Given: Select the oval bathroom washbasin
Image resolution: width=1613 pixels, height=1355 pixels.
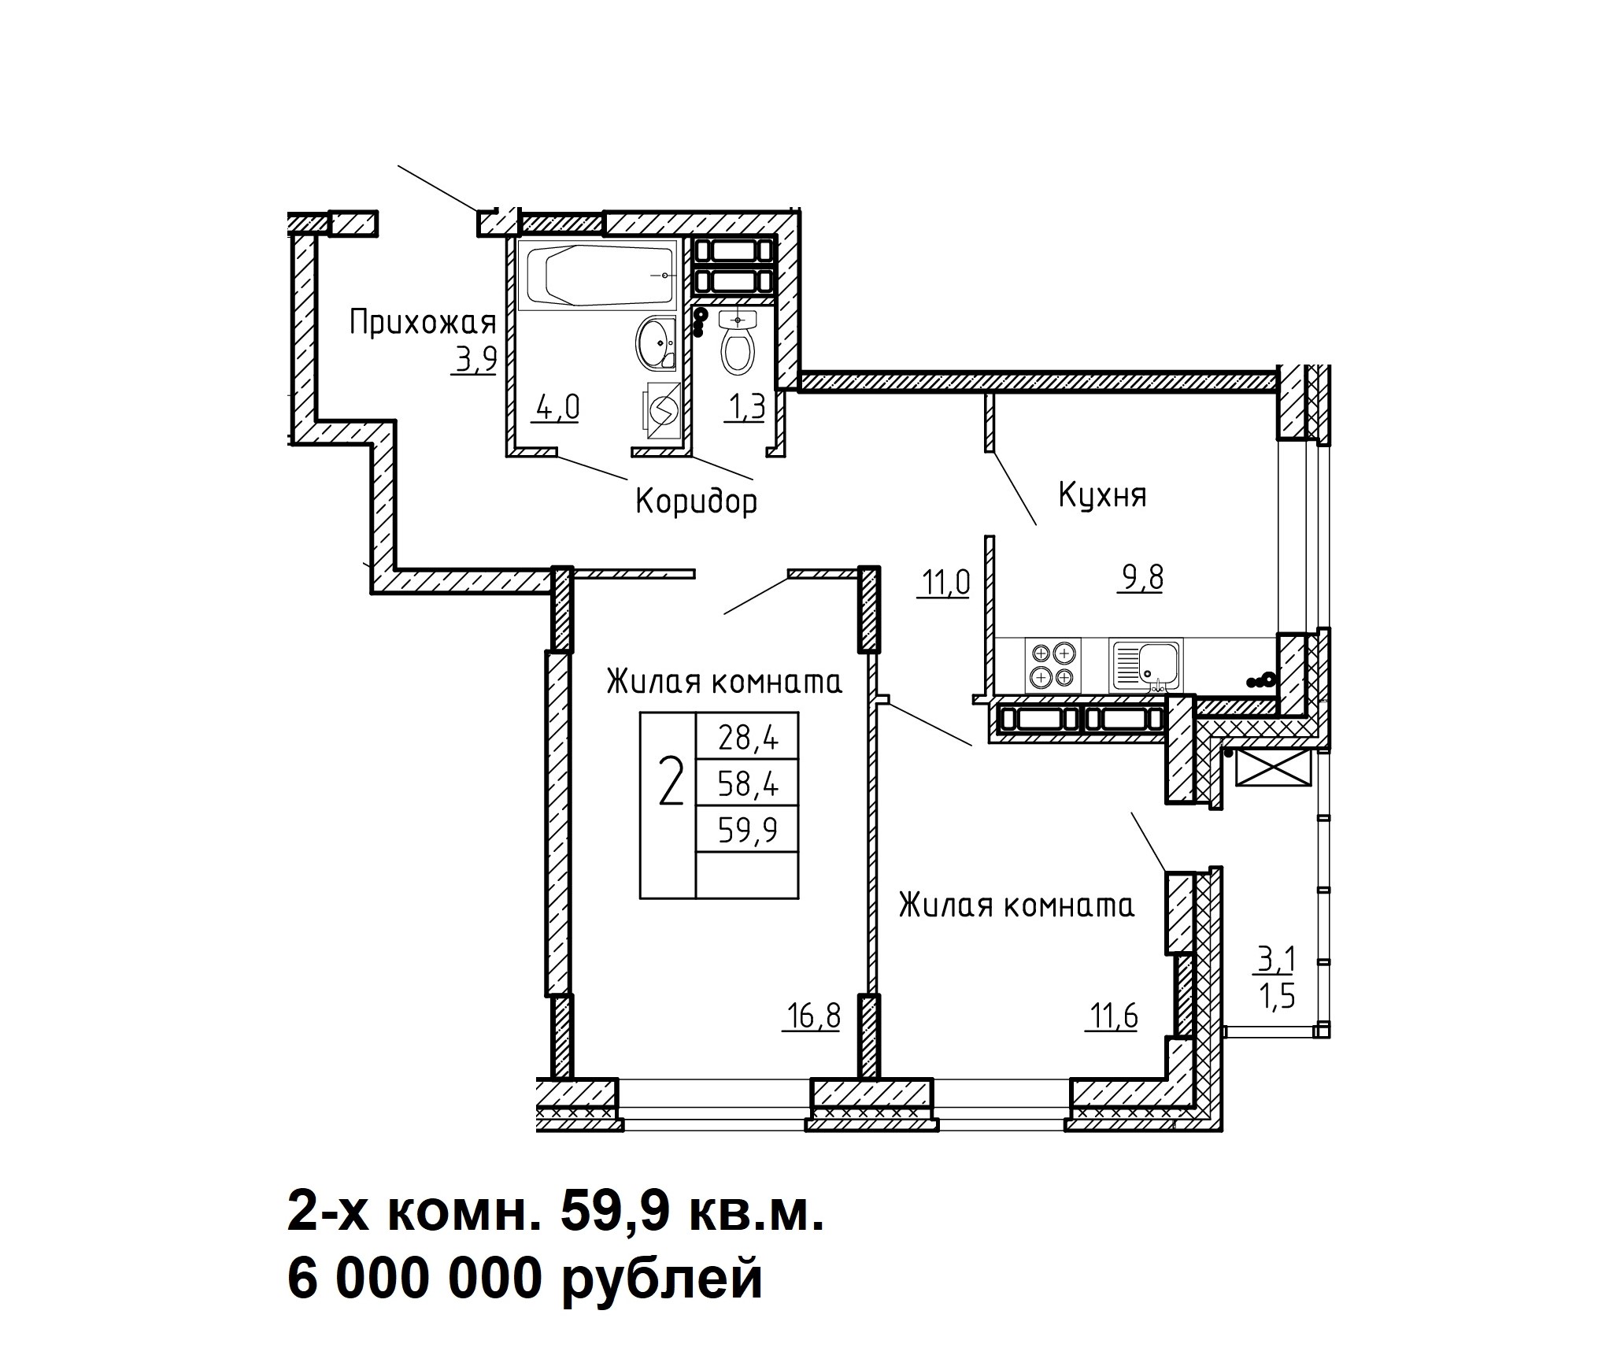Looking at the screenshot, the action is click(x=656, y=342).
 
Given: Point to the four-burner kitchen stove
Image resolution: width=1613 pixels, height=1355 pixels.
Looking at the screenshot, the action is click(x=1053, y=665).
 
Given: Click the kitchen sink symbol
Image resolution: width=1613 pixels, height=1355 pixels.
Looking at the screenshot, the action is click(x=1145, y=665).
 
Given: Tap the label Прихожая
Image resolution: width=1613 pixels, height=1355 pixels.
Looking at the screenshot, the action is click(x=423, y=323).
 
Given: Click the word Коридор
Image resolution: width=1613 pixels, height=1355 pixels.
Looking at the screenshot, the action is click(x=696, y=501).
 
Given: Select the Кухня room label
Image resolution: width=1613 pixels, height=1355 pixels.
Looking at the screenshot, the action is click(x=1102, y=496).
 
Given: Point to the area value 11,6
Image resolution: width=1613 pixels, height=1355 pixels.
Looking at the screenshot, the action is click(x=1113, y=1016).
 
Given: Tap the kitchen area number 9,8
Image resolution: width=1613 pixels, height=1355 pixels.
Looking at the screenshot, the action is click(x=1138, y=579).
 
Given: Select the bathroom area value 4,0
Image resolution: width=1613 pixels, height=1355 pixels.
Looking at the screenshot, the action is click(x=556, y=408).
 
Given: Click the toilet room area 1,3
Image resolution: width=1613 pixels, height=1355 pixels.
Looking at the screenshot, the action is click(x=744, y=408).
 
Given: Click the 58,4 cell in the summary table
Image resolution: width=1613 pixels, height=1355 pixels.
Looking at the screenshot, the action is click(x=747, y=783).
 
